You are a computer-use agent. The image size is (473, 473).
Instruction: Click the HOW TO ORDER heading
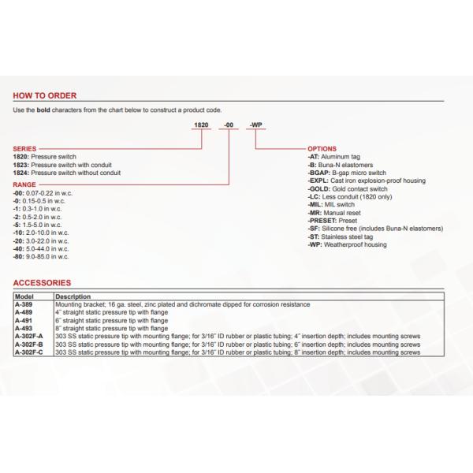click(45, 95)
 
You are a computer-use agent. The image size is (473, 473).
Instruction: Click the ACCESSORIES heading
click(43, 282)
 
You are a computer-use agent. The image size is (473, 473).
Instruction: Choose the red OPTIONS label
click(322, 149)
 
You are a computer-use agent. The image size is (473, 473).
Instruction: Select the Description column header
click(72, 296)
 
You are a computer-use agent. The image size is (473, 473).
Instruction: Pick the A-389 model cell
click(25, 304)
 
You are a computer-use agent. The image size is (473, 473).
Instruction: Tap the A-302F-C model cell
click(30, 353)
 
